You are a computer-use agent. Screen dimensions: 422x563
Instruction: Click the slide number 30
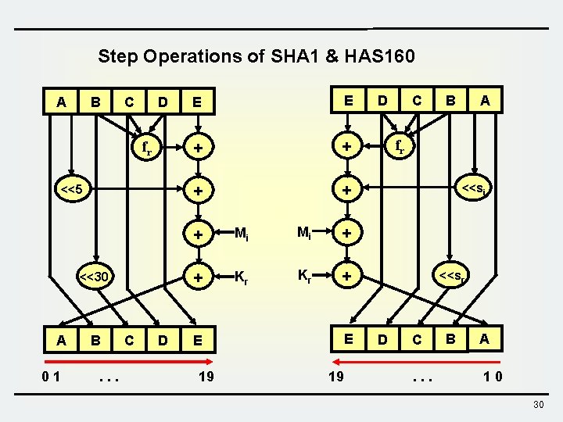[537, 403]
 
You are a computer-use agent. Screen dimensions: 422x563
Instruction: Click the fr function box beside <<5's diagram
[143, 146]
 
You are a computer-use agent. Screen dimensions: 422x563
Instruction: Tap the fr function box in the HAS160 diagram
[400, 146]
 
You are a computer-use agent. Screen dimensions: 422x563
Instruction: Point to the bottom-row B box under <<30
[95, 340]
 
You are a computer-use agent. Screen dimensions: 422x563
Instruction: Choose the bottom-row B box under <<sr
[451, 340]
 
